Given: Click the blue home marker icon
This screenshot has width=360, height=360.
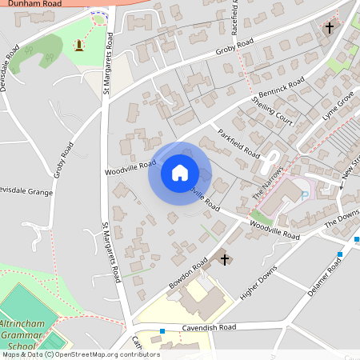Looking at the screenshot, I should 180,172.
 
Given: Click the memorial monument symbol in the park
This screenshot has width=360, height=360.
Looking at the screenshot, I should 79,46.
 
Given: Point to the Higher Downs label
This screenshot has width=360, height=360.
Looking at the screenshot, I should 257,286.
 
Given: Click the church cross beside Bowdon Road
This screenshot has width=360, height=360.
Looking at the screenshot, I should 225,259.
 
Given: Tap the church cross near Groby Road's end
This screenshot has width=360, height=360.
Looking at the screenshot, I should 329,28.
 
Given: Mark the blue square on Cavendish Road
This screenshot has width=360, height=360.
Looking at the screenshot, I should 162,331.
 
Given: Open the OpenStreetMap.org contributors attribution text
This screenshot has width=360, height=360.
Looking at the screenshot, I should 108,354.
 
